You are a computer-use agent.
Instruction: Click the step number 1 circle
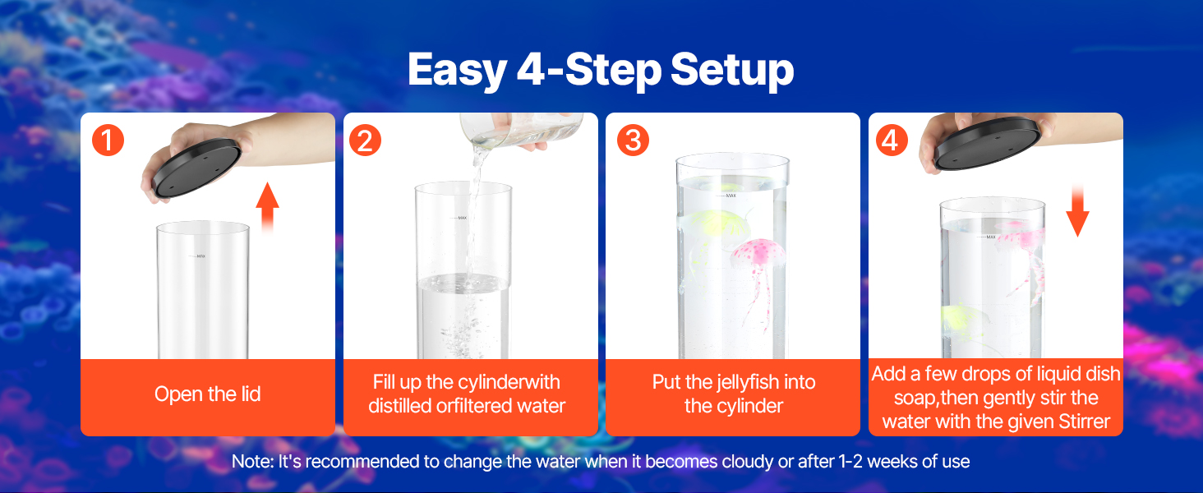coord(108,141)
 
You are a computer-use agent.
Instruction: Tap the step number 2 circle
coord(365,141)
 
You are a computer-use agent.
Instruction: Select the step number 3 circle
coord(634,141)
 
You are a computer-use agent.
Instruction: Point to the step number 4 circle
coord(892,141)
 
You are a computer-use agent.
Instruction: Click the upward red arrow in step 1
coord(267,207)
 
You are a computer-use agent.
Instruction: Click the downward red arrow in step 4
coord(1077,210)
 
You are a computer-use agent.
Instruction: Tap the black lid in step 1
coord(196,167)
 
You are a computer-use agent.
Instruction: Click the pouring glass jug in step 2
coord(521,130)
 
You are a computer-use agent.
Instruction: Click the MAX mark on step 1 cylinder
coord(200,256)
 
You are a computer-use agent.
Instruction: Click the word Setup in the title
coord(732,70)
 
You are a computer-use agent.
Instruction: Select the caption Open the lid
coord(208,394)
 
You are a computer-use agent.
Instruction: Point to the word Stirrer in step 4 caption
coord(1085,422)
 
